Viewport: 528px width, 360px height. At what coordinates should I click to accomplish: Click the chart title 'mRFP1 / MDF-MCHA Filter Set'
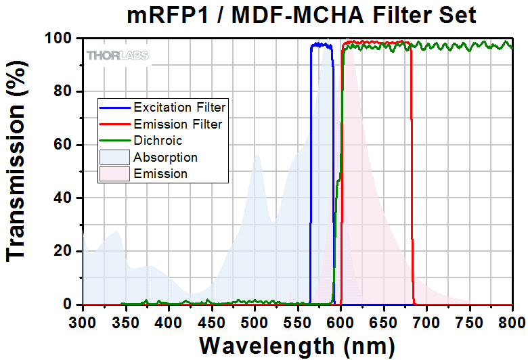pos(302,14)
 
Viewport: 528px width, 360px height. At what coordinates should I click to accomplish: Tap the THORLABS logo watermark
pos(118,55)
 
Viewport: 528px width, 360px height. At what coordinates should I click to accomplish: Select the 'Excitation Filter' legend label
pos(179,107)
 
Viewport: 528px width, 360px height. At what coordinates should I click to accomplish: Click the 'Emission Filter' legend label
pos(177,124)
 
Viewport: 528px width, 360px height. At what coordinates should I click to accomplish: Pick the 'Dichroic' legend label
pos(158,141)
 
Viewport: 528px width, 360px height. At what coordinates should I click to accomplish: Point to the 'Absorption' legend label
pos(166,158)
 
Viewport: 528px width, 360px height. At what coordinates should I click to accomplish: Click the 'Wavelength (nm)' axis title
pos(297,345)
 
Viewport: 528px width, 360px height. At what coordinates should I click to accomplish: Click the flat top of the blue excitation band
pos(322,45)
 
